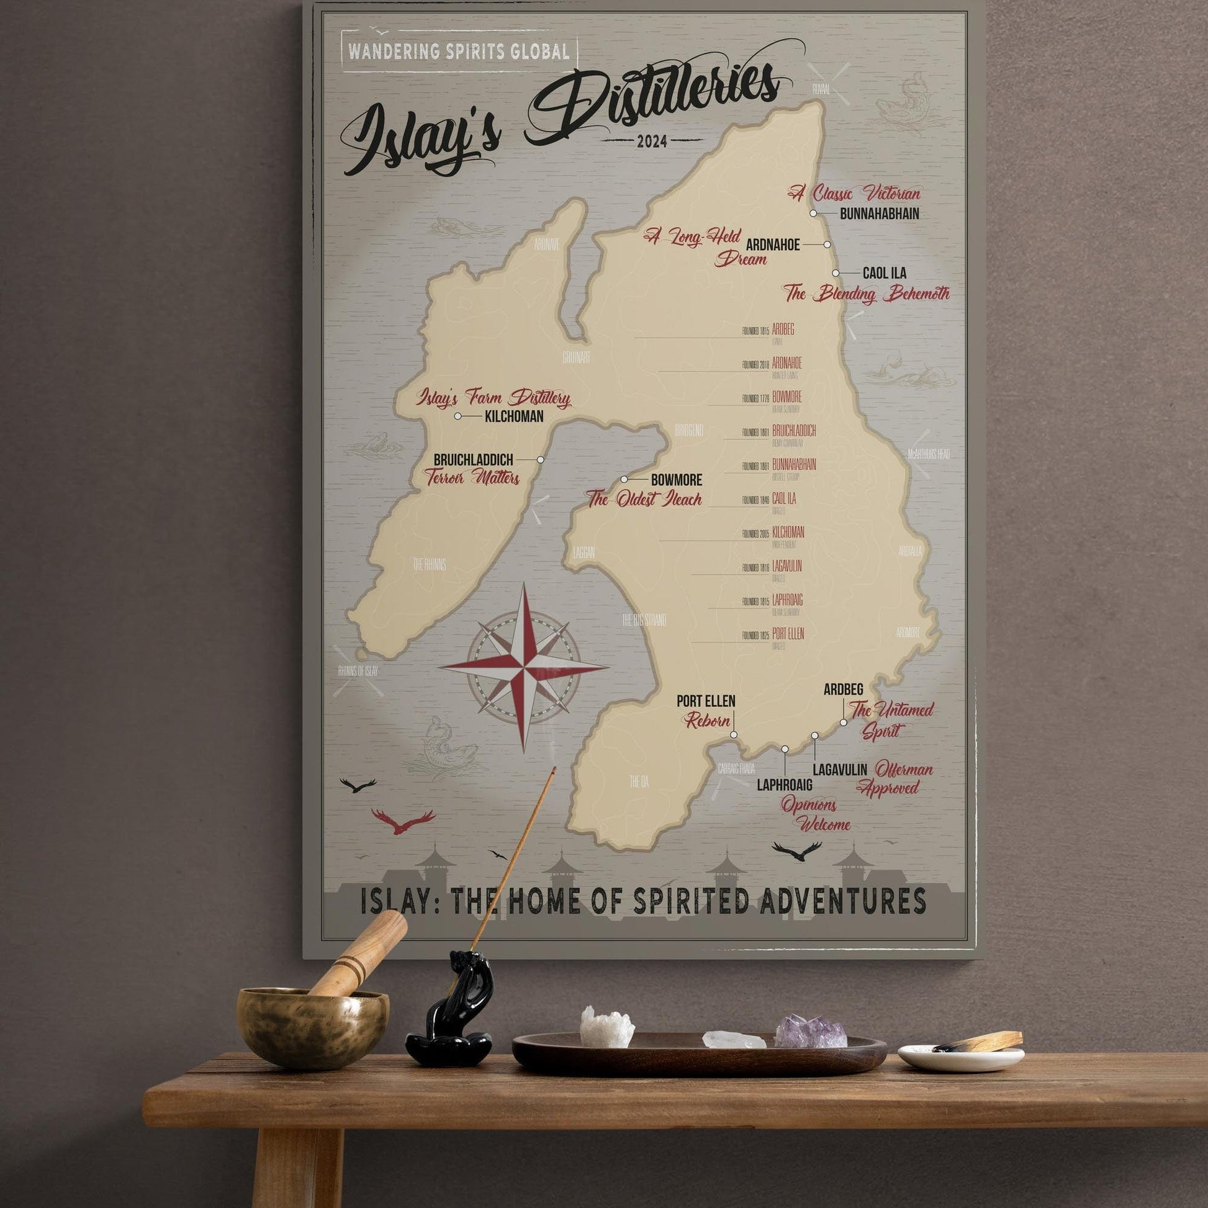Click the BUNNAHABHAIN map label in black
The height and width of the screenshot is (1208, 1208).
click(879, 214)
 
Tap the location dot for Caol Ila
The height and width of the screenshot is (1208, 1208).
click(836, 273)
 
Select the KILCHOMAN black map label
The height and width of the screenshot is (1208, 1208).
click(514, 417)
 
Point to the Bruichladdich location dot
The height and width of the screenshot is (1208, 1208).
click(541, 459)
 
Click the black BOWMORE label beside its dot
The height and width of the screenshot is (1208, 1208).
click(677, 480)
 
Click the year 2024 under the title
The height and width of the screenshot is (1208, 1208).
click(652, 142)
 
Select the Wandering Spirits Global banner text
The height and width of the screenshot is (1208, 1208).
click(459, 52)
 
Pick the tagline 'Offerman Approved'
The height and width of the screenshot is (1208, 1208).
click(895, 778)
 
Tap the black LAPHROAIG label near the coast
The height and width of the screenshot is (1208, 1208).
click(785, 785)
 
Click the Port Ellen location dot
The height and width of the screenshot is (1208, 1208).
click(734, 735)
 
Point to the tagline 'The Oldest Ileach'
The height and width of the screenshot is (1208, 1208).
click(644, 499)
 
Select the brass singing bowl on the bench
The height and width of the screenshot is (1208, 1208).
click(311, 1027)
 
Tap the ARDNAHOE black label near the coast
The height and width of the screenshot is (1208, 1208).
click(773, 245)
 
